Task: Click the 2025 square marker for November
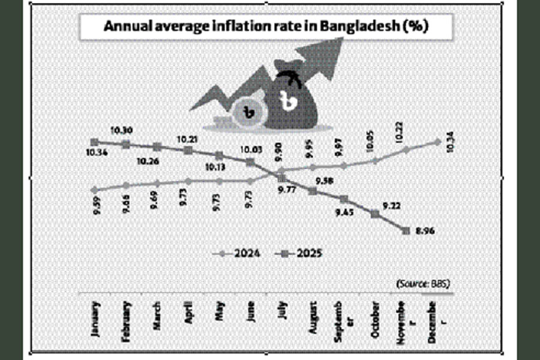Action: click(406, 230)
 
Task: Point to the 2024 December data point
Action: click(437, 142)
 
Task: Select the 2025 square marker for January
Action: click(94, 142)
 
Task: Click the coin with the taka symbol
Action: click(248, 110)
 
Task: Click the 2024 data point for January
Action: click(94, 190)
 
